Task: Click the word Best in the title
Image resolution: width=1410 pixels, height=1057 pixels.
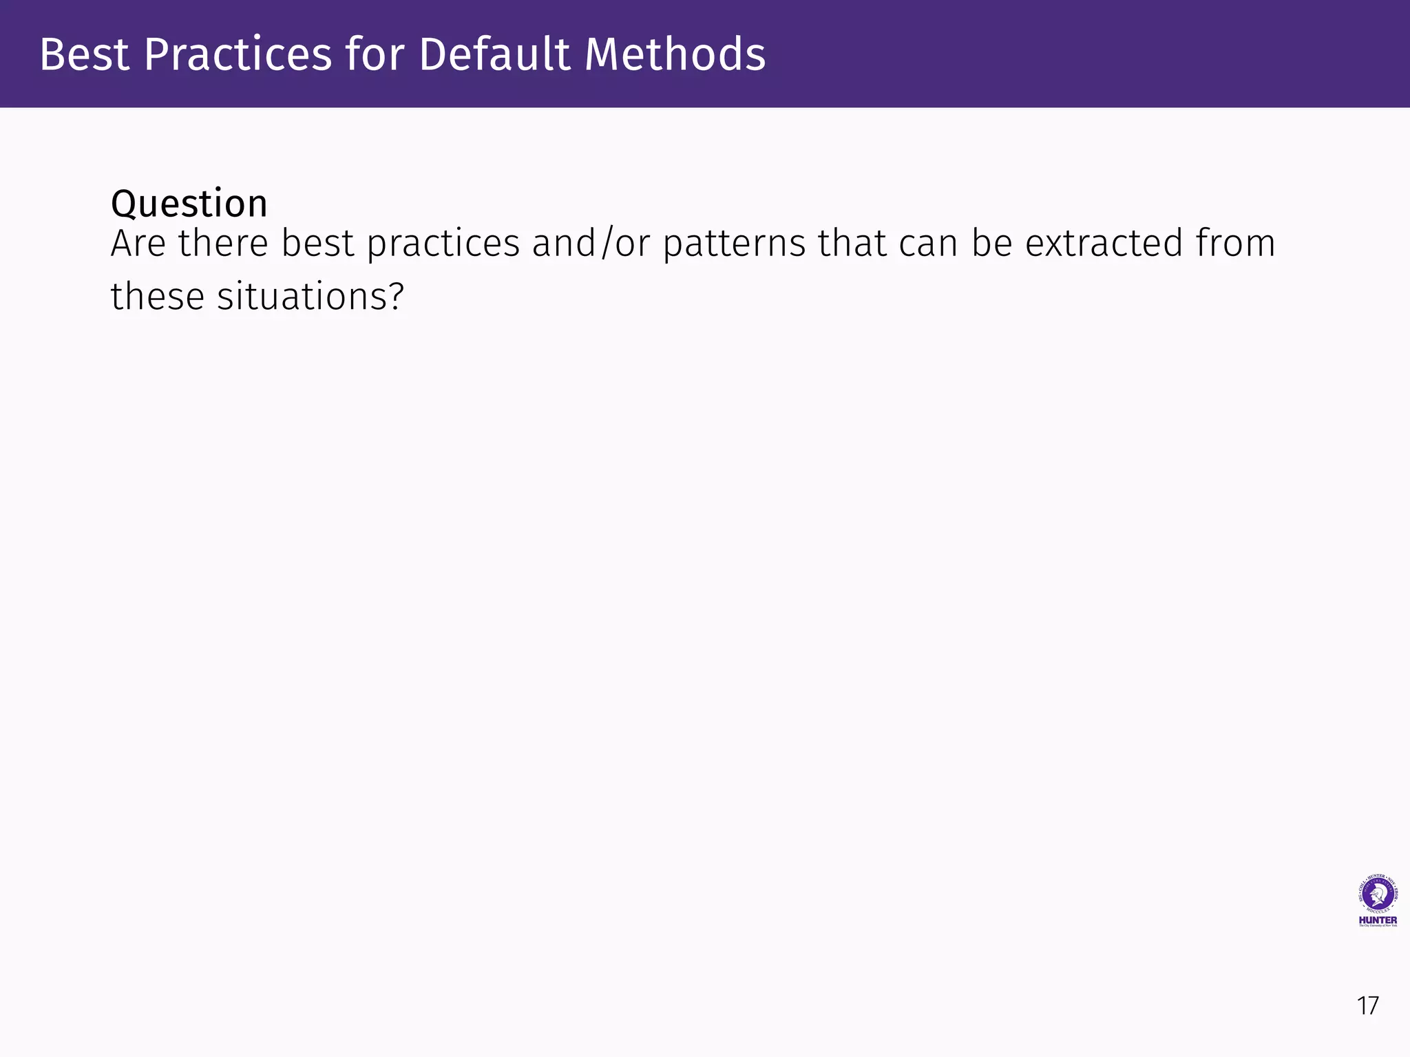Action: click(84, 54)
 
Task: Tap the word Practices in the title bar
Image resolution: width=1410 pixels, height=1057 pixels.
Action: click(238, 54)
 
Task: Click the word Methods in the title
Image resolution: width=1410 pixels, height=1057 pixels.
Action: click(675, 54)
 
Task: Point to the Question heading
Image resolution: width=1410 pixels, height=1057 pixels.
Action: click(189, 204)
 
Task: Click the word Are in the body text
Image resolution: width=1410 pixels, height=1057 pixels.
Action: click(138, 244)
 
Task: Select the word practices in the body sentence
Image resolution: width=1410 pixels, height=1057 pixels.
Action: click(443, 244)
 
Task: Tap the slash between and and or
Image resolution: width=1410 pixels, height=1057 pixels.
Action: click(605, 244)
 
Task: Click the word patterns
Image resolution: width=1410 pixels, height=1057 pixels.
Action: click(733, 244)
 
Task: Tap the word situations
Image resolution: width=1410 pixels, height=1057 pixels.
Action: click(302, 297)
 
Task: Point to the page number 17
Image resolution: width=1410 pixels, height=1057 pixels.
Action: click(1367, 1006)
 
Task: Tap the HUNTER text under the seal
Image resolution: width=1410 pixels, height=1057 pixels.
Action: click(1378, 920)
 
